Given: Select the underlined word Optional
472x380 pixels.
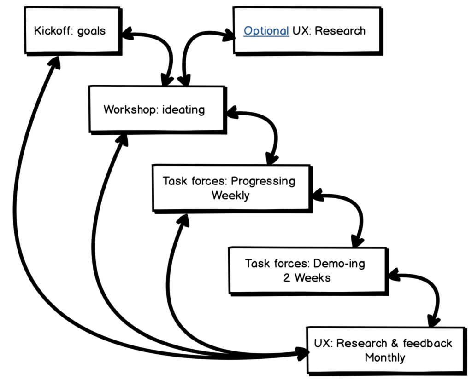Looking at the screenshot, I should (x=266, y=31).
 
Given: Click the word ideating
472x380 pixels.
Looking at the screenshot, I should (x=183, y=110).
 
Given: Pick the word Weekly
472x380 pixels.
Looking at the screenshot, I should (x=230, y=195).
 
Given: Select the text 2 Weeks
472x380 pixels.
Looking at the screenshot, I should (x=307, y=278).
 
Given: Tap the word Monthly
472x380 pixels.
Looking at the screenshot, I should (x=385, y=357).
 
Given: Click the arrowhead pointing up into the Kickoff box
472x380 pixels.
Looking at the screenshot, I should (x=55, y=63).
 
